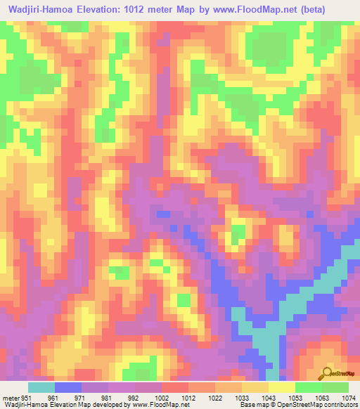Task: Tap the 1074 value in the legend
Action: pyautogui.click(x=349, y=397)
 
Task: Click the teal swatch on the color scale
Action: pyautogui.click(x=41, y=387)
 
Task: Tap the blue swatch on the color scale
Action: pyautogui.click(x=67, y=387)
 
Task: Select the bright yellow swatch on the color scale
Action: pyautogui.click(x=282, y=387)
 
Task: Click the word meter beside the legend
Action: pyautogui.click(x=11, y=397)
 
